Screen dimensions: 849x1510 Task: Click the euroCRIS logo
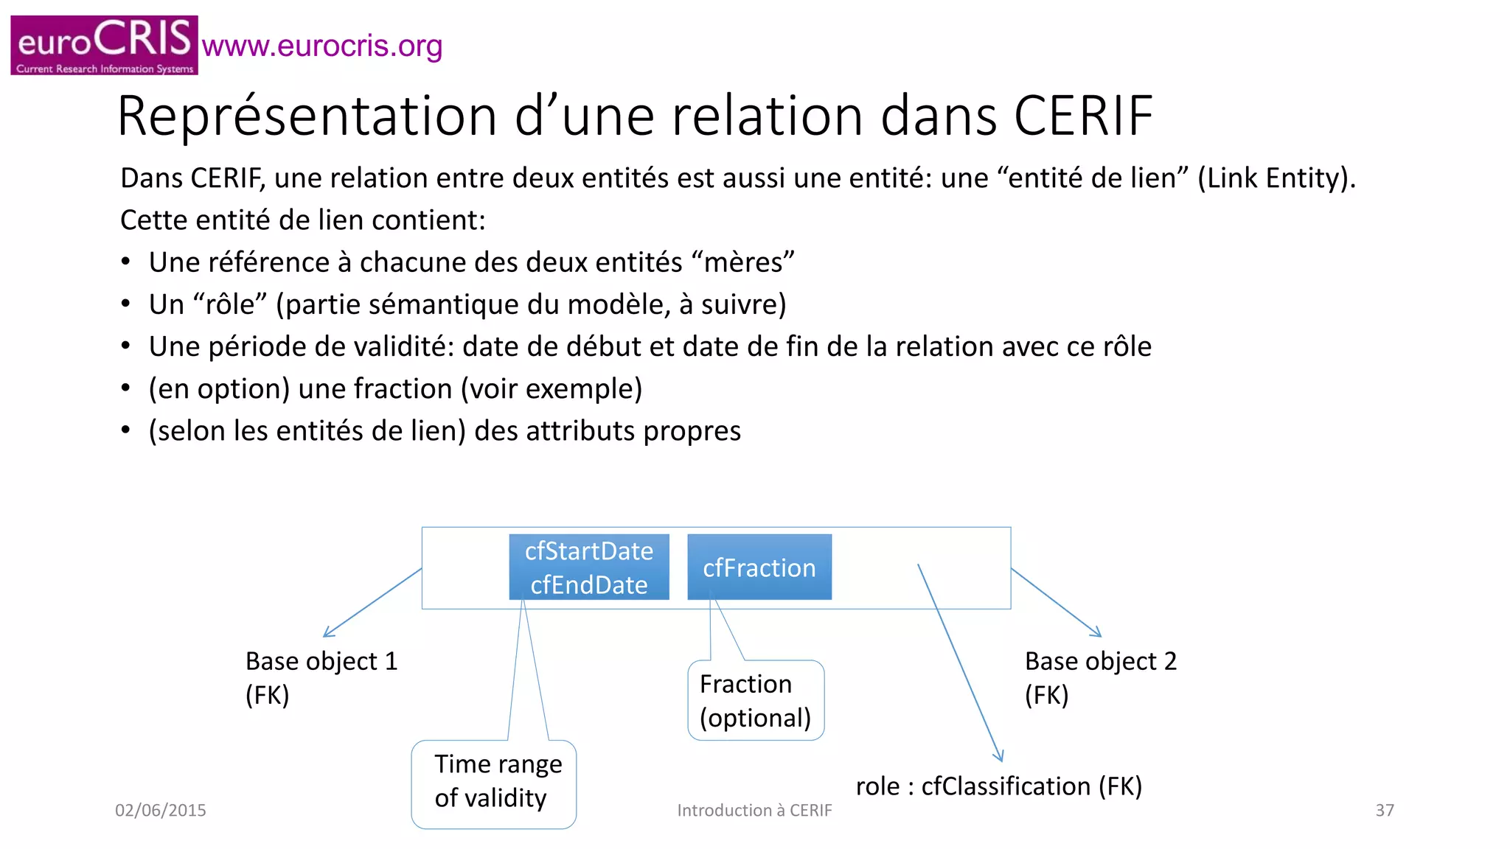point(104,45)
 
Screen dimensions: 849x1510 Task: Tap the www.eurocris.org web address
point(321,46)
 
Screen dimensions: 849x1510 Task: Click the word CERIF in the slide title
point(1083,116)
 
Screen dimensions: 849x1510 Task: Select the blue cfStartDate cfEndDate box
point(588,567)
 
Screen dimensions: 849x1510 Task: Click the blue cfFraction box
point(759,567)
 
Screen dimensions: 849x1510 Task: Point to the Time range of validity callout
point(493,783)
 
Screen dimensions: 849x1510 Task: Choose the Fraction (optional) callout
point(755,700)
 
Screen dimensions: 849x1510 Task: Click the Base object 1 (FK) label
point(321,677)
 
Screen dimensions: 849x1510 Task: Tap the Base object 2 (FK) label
point(1100,677)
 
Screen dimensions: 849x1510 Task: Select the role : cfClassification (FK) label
point(998,786)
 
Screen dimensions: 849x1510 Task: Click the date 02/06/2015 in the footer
point(160,810)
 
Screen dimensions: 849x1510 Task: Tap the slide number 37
point(1384,810)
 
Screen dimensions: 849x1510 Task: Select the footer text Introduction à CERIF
point(754,810)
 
